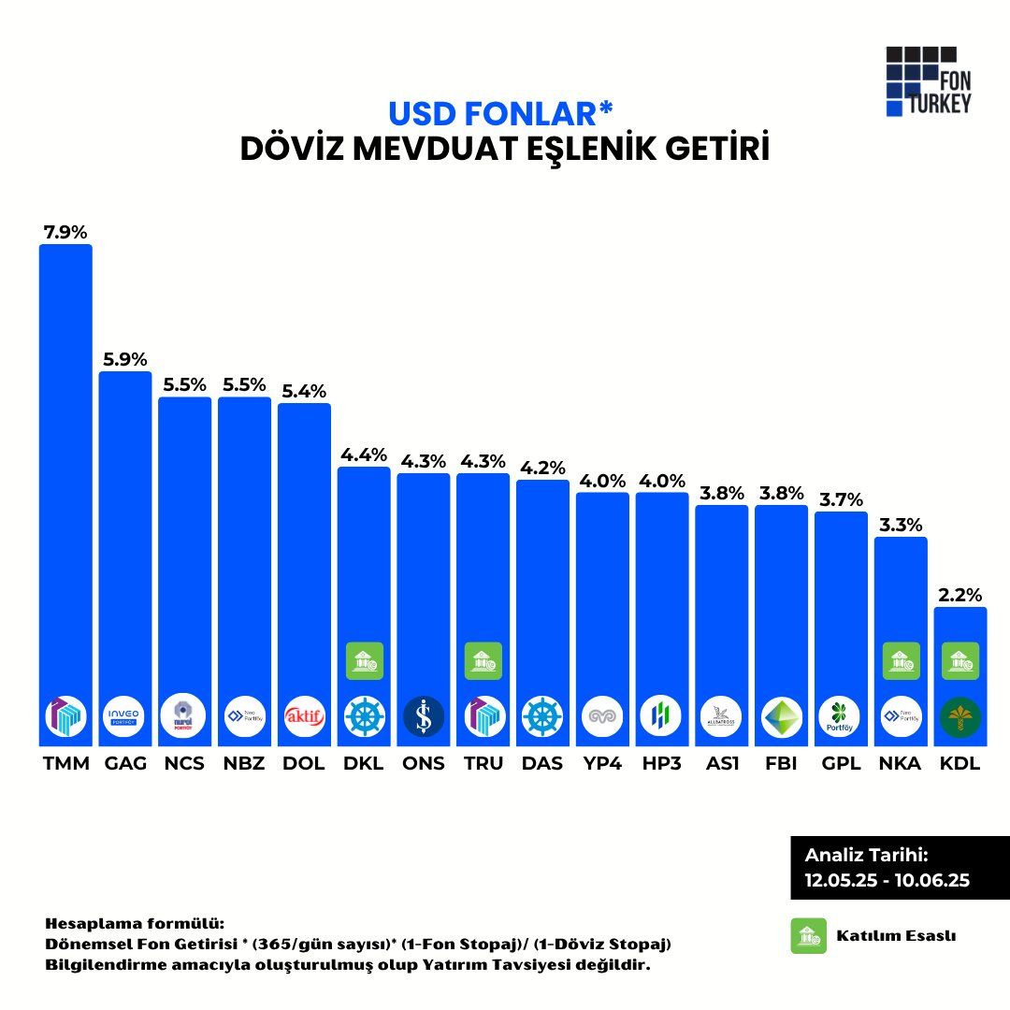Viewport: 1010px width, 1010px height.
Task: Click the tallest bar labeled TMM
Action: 65,468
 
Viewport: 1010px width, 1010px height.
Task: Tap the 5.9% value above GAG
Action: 125,358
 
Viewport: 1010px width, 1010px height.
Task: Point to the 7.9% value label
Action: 65,231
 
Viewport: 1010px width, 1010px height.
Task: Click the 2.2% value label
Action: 960,594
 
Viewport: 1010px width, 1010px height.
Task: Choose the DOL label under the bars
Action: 304,763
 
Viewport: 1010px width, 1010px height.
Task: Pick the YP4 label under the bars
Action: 602,763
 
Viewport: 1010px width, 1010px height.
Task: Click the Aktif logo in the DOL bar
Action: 304,717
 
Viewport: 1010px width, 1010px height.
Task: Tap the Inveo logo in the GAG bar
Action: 125,717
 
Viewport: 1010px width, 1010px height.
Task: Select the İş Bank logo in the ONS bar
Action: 424,717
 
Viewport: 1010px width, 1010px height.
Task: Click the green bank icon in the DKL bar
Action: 364,661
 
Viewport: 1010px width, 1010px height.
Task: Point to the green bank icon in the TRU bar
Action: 483,661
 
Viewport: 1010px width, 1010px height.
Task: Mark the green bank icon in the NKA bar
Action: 901,661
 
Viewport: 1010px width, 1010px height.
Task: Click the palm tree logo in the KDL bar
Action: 960,717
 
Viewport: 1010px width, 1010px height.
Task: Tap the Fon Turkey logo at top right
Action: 928,81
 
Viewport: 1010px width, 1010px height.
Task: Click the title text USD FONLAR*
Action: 501,113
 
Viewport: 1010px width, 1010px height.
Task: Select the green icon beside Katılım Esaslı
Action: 809,935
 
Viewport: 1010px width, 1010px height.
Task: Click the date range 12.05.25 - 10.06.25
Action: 887,880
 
